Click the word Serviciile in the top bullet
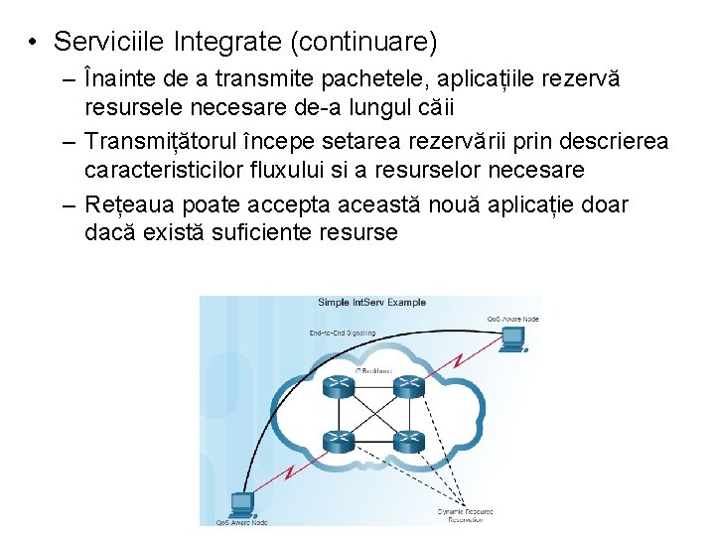click(109, 42)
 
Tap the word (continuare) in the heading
click(358, 42)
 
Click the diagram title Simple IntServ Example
click(371, 302)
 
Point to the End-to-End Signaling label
click(344, 333)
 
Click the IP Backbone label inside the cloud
click(373, 370)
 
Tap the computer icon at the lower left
click(241, 504)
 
